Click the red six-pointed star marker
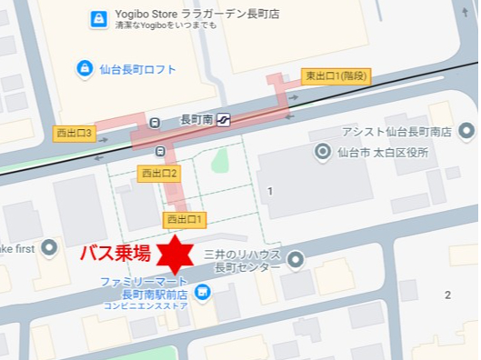click(171, 254)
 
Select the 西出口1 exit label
click(185, 219)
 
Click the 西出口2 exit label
click(158, 172)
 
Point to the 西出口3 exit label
click(75, 133)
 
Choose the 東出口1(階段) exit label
click(336, 77)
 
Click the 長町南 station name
click(196, 119)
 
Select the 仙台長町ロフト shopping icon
click(84, 68)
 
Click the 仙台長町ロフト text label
click(139, 69)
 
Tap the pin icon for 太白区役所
click(322, 152)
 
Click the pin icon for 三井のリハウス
click(295, 262)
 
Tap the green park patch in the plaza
click(218, 163)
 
